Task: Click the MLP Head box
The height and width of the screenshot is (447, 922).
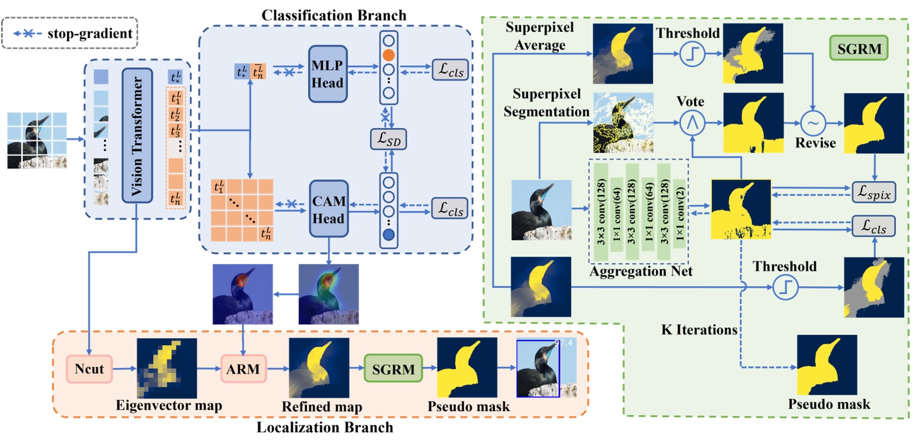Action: click(x=328, y=74)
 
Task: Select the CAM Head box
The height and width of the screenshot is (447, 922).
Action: click(x=328, y=210)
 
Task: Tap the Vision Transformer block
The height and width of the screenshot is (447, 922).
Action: click(x=137, y=136)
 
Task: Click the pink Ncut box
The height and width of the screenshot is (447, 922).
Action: click(x=89, y=369)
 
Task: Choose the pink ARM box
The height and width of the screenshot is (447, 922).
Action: click(x=243, y=369)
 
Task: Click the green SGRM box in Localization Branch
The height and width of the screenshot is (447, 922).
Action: click(x=393, y=369)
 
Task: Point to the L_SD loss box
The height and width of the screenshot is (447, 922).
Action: click(x=388, y=139)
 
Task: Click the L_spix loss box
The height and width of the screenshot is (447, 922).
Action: click(x=873, y=192)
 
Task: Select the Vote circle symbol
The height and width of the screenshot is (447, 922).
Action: click(x=691, y=123)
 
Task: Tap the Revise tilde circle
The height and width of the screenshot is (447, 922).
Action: click(x=813, y=123)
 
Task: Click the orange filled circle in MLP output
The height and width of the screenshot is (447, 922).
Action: click(x=389, y=55)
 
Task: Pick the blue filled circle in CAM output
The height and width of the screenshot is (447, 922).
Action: click(x=389, y=235)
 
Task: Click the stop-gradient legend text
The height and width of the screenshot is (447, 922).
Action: click(x=90, y=34)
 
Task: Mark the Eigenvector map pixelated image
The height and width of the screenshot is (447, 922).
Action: click(x=166, y=368)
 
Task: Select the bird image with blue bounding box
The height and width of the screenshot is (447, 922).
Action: click(x=546, y=368)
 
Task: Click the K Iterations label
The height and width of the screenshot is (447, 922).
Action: click(x=699, y=330)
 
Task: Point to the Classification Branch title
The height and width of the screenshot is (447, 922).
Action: click(x=333, y=15)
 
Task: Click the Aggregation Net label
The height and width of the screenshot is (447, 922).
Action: click(x=641, y=272)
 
